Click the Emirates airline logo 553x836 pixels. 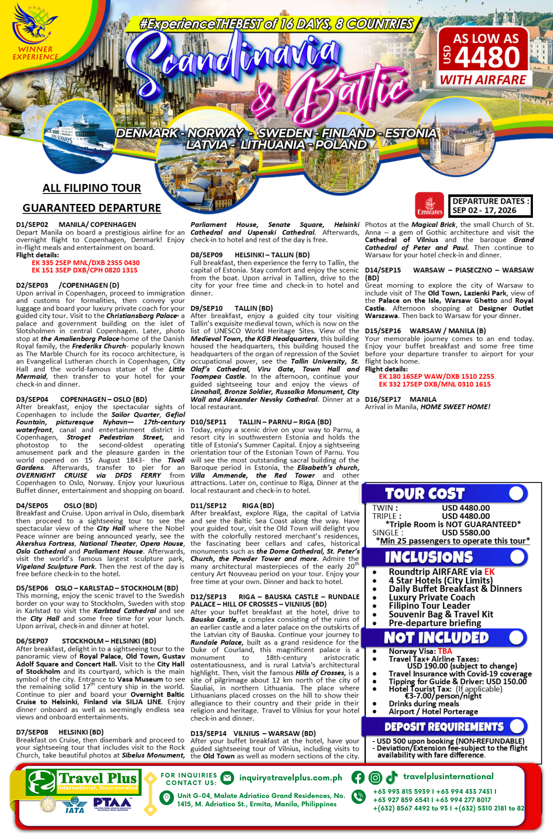click(429, 205)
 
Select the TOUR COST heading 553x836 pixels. click(424, 494)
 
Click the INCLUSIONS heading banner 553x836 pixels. click(428, 557)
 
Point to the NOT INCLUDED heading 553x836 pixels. click(436, 637)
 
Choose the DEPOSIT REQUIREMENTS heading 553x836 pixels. click(444, 727)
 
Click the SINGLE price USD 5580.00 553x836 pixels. click(466, 533)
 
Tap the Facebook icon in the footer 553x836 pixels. click(358, 777)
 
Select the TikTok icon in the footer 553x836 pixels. click(392, 777)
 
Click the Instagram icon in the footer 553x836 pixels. click(375, 777)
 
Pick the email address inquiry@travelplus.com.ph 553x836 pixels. click(291, 777)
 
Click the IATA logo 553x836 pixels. click(75, 804)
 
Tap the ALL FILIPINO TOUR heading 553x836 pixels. click(92, 188)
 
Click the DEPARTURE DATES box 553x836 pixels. click(490, 206)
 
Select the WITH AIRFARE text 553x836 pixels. click(483, 80)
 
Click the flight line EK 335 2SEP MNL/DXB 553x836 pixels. click(86, 263)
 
